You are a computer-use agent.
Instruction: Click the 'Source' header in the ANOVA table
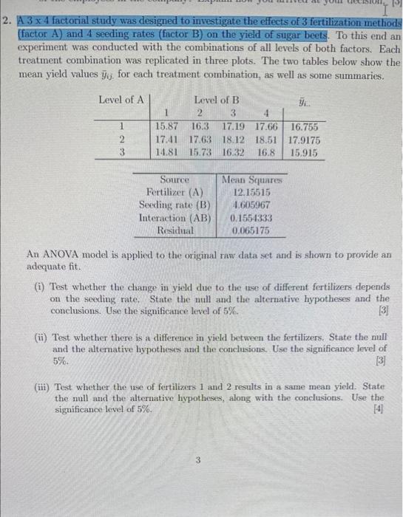pyautogui.click(x=175, y=179)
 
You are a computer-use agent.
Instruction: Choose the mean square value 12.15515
pyautogui.click(x=251, y=192)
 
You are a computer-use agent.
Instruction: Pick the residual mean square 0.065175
pyautogui.click(x=251, y=230)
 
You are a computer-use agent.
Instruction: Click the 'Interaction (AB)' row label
pyautogui.click(x=175, y=218)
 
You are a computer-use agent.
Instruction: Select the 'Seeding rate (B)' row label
pyautogui.click(x=175, y=205)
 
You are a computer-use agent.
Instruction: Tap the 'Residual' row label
pyautogui.click(x=175, y=230)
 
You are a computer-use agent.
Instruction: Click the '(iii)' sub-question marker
pyautogui.click(x=43, y=386)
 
